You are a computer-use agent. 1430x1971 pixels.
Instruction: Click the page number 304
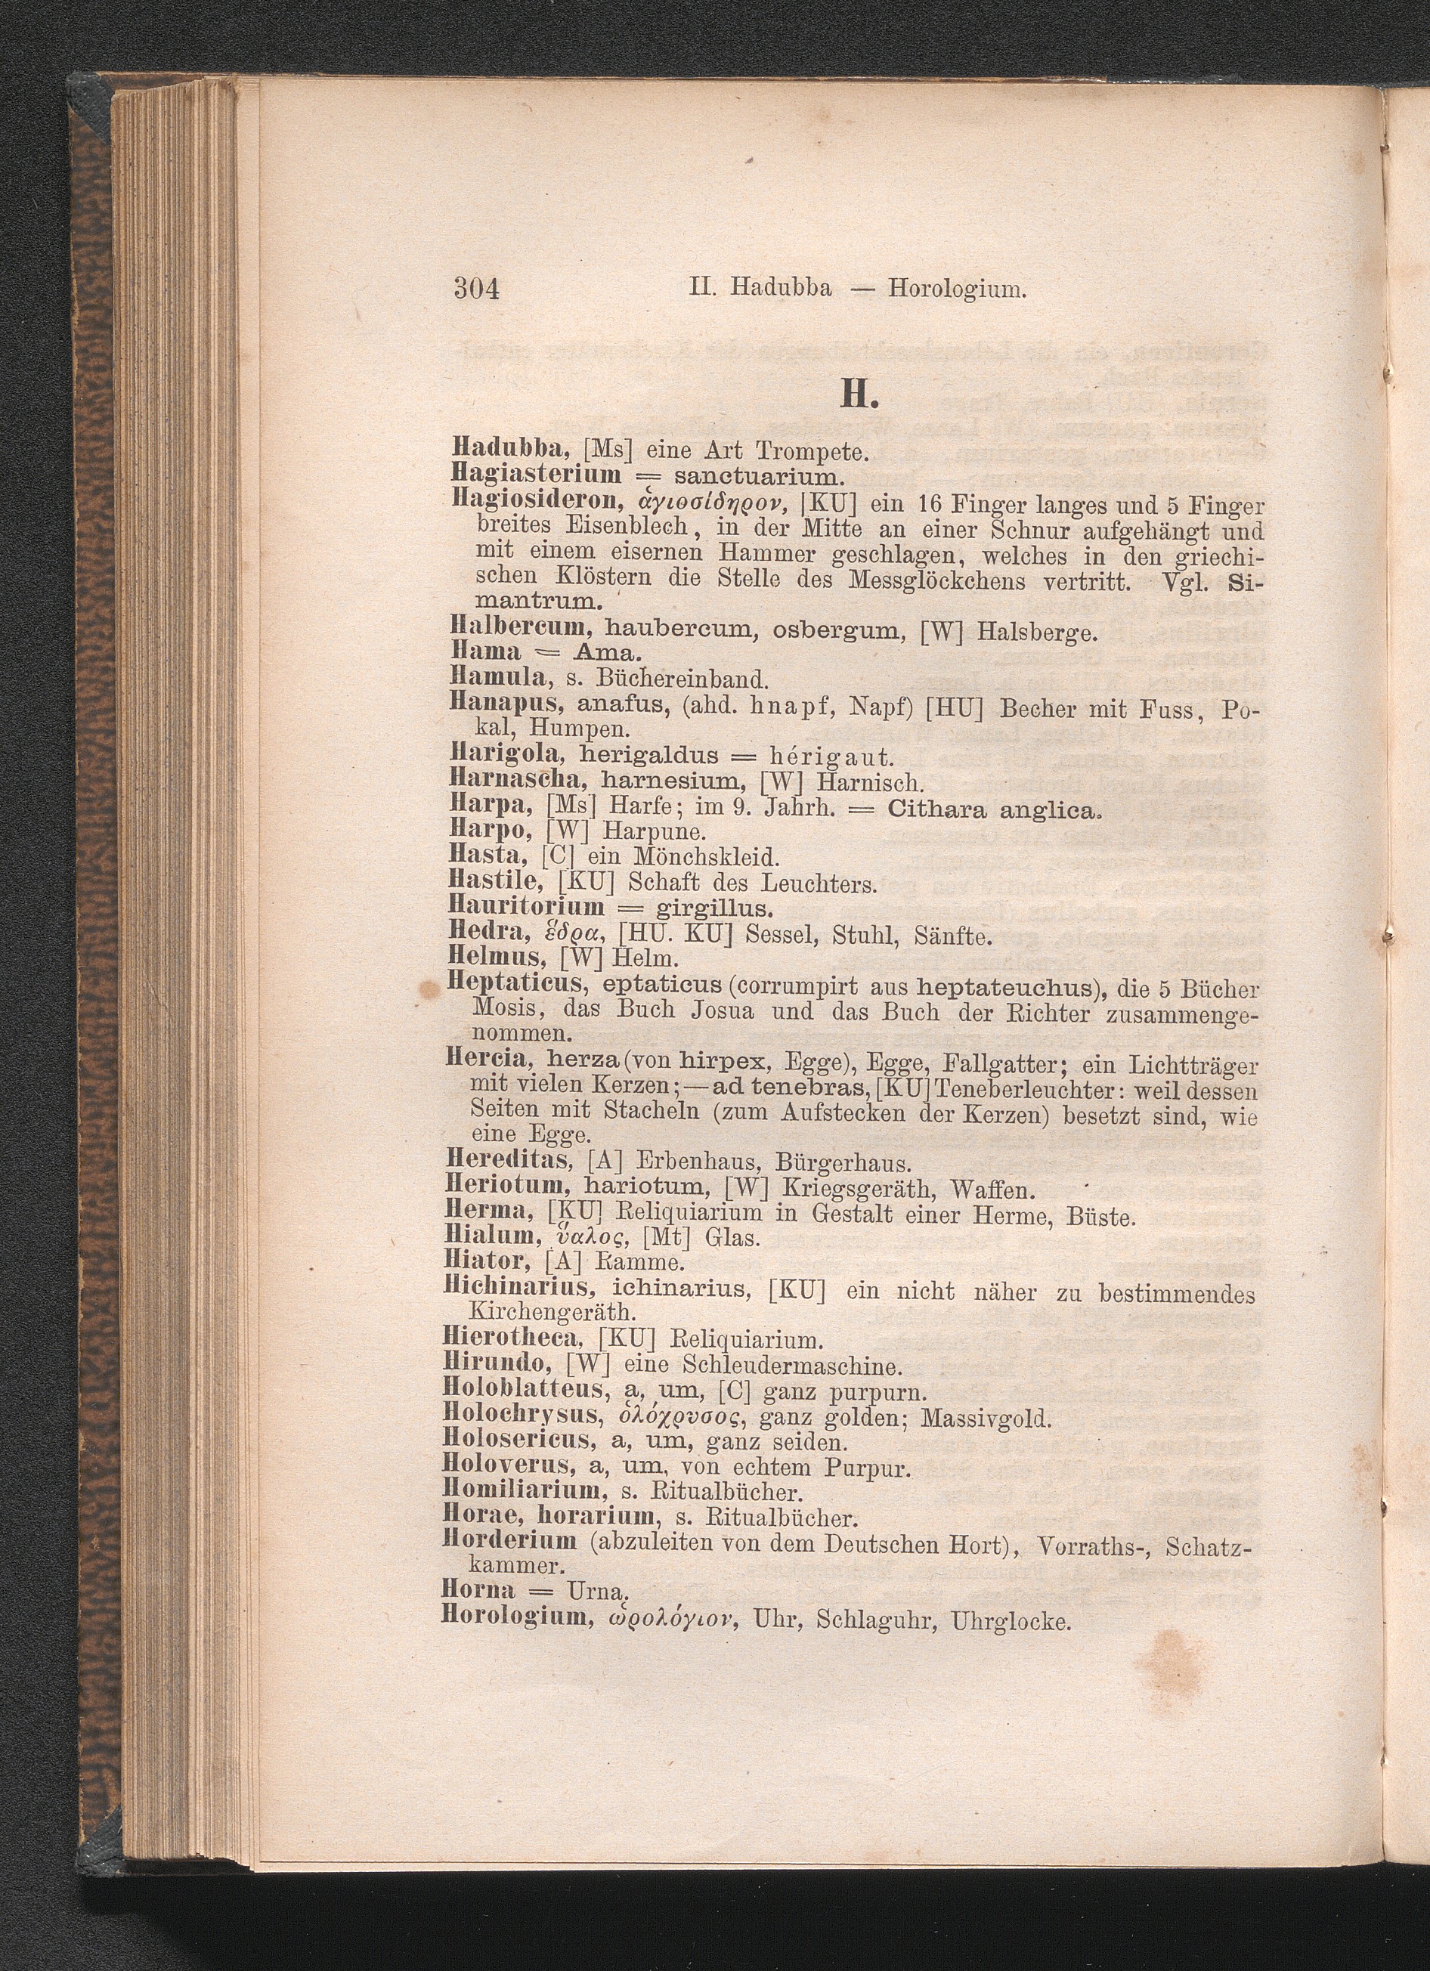477,289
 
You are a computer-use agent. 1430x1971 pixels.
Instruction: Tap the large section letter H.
856,398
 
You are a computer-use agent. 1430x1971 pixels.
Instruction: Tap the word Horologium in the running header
957,289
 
